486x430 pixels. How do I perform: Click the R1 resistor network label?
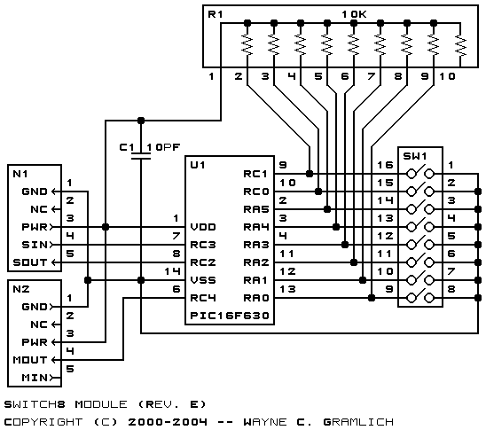216,14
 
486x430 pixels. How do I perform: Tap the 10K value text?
354,14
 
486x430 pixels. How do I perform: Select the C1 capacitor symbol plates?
141,156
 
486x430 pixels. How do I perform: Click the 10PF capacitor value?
163,147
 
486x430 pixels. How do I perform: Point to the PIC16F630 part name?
230,316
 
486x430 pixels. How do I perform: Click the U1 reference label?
198,165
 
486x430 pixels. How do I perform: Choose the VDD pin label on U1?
203,227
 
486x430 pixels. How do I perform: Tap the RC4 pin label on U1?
203,298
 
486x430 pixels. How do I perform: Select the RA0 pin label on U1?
256,298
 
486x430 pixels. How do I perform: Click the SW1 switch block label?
415,156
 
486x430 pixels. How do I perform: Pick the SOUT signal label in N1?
30,262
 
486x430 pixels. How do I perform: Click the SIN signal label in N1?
35,245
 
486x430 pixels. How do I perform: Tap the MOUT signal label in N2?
30,360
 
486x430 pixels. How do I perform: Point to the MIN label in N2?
35,378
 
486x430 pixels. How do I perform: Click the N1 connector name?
20,174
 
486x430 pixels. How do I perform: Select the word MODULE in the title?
101,404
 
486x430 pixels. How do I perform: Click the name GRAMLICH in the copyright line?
358,422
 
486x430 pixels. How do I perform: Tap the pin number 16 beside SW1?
385,165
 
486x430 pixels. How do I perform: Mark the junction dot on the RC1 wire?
309,174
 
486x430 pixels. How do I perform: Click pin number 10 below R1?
447,76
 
